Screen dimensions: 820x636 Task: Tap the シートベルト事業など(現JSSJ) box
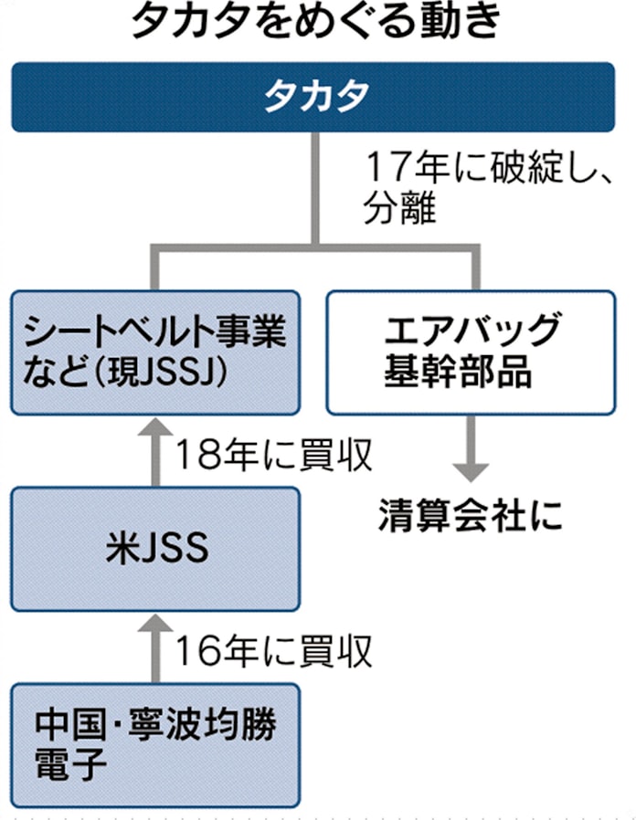tap(154, 352)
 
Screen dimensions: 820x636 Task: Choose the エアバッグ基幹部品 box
tap(470, 352)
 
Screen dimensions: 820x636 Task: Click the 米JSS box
tap(154, 549)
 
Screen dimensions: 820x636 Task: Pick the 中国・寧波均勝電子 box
tap(154, 744)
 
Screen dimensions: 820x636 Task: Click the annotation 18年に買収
tap(273, 454)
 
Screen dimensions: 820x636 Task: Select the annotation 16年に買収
tap(273, 650)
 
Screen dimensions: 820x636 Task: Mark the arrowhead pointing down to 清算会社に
tap(470, 472)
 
